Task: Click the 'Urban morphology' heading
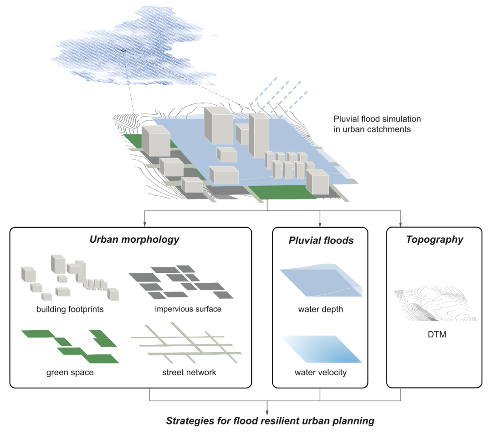[134, 239]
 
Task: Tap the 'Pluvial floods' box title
[321, 240]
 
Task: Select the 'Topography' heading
[434, 239]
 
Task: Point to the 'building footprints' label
[70, 309]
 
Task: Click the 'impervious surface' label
[188, 309]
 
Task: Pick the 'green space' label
[70, 373]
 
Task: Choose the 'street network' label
[189, 373]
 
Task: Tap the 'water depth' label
[320, 310]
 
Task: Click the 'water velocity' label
[320, 373]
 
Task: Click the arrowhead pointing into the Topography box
[401, 224]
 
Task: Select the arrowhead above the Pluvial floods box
[320, 224]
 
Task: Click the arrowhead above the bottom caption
[267, 410]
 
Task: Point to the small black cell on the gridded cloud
[123, 50]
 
